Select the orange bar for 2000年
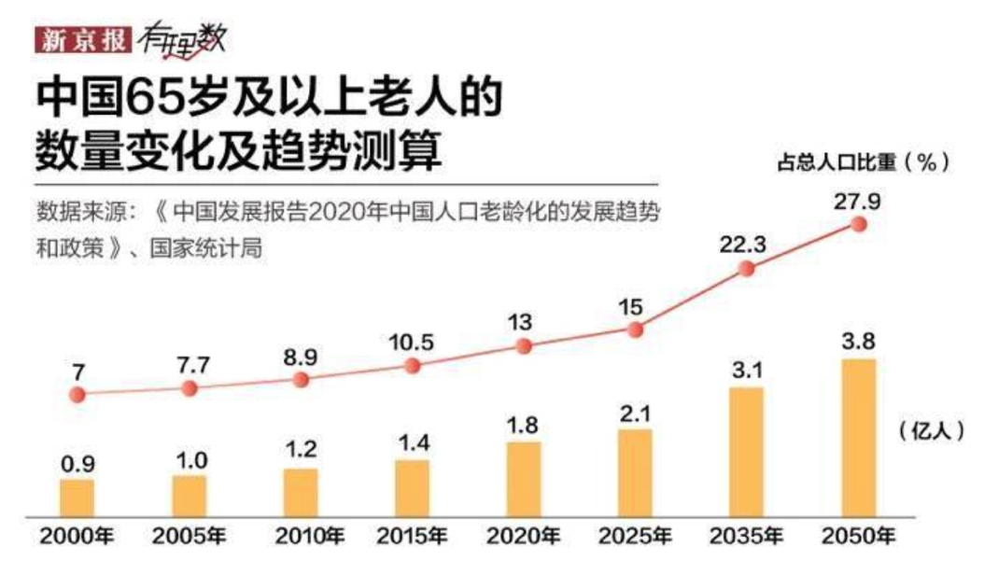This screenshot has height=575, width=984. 77,498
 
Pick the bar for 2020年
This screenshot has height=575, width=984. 524,479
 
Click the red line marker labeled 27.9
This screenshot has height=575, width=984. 859,225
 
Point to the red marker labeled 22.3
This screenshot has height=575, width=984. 746,269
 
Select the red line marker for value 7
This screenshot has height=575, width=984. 77,393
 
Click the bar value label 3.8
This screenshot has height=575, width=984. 858,341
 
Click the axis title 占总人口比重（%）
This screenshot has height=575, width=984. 864,161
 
